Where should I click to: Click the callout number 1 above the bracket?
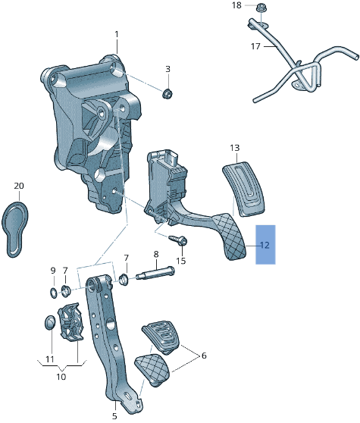click(x=117, y=34)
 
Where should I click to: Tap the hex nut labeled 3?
click(x=167, y=93)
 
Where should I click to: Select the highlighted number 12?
click(x=265, y=245)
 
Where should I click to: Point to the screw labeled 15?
click(x=180, y=241)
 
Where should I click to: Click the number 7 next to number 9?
click(x=65, y=271)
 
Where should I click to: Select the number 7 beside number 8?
click(x=127, y=258)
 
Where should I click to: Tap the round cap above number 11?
click(x=48, y=324)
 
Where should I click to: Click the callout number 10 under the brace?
click(x=61, y=377)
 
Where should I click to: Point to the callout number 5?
click(x=115, y=415)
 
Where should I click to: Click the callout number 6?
click(x=202, y=355)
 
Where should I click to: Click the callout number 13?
click(x=234, y=147)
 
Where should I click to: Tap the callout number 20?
click(x=19, y=186)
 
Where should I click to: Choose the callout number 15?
click(x=180, y=261)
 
